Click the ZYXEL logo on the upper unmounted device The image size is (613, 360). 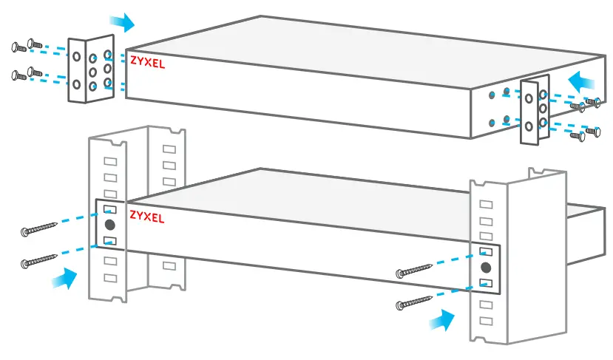coord(147,63)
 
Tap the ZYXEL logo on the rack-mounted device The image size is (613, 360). coord(147,217)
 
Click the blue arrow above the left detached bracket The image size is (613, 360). coord(123,22)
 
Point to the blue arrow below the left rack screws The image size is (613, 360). coord(65,279)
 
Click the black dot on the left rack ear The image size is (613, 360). coord(109,225)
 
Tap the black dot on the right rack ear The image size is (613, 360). coord(486,267)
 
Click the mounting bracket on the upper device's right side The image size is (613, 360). coord(534,111)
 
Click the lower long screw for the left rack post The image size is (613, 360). coord(41,259)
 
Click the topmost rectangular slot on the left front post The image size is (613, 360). coord(109,161)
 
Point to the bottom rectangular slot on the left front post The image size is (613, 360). coord(109,278)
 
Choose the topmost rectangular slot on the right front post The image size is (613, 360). coord(486,204)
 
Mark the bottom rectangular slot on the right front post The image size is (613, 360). coord(486,321)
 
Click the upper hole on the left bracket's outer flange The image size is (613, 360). coord(77,56)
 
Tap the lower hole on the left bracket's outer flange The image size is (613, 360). coord(77,84)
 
